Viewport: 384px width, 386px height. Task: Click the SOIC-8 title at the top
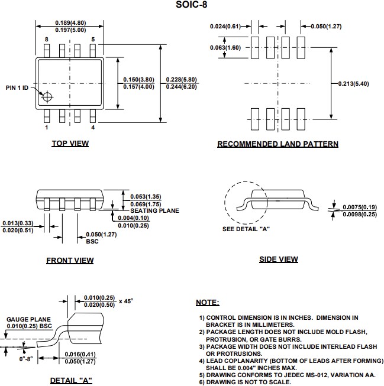192,5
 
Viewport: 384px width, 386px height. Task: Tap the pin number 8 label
47,39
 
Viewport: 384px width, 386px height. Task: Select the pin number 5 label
93,39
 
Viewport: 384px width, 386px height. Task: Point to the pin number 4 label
93,127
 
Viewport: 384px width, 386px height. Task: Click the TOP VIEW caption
70,144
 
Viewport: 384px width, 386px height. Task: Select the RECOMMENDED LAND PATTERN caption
277,144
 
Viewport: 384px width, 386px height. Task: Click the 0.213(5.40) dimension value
353,83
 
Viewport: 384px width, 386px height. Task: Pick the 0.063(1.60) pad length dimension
225,48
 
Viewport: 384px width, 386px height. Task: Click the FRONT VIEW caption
70,260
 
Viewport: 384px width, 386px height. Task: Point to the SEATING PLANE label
154,210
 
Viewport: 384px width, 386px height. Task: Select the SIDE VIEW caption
278,259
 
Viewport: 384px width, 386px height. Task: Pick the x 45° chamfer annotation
125,301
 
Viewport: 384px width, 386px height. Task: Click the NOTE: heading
207,303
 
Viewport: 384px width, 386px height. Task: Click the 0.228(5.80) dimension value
181,80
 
